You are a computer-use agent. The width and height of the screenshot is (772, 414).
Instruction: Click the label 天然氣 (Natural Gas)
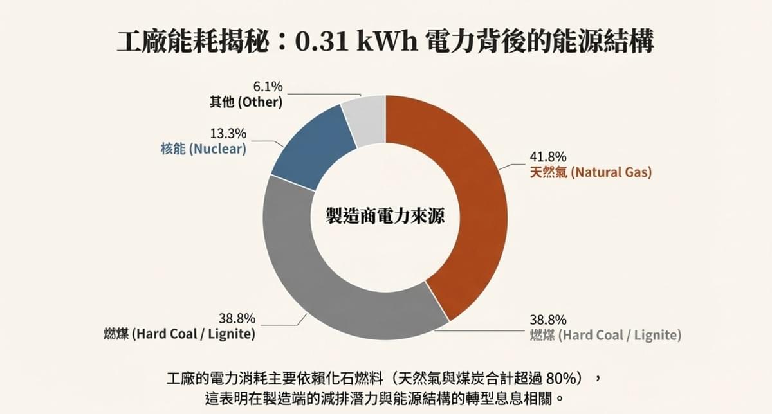click(x=590, y=172)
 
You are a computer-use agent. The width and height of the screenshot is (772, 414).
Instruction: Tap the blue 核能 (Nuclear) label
click(x=203, y=149)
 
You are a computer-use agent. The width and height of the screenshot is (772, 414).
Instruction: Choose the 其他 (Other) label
click(x=246, y=102)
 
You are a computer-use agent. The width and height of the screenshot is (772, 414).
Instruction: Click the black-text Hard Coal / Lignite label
click(x=179, y=334)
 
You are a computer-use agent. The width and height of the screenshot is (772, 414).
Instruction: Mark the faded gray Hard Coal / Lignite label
click(x=605, y=335)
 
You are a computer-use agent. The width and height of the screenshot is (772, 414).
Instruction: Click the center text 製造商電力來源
click(x=385, y=216)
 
